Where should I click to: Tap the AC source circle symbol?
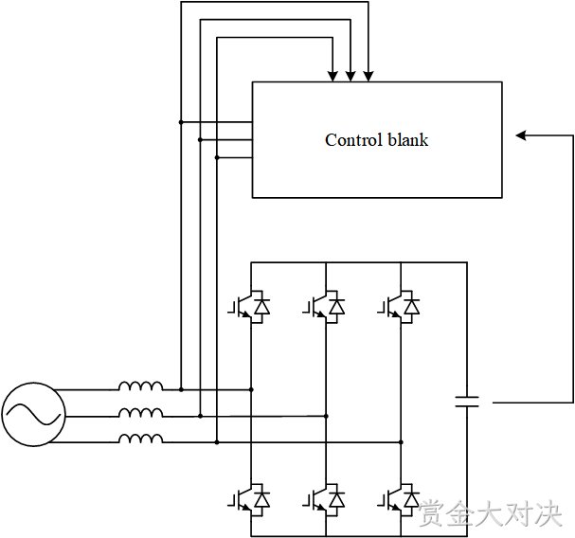pyautogui.click(x=34, y=414)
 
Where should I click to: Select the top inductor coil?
pyautogui.click(x=141, y=386)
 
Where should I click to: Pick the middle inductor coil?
pyautogui.click(x=141, y=413)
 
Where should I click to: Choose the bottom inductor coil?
pyautogui.click(x=141, y=439)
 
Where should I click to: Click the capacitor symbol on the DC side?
pyautogui.click(x=467, y=402)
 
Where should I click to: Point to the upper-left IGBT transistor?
pyautogui.click(x=249, y=307)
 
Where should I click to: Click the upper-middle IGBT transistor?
pyautogui.click(x=324, y=307)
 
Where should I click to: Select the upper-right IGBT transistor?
pyautogui.click(x=399, y=307)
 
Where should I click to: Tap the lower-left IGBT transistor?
pyautogui.click(x=249, y=499)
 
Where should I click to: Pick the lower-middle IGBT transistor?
pyautogui.click(x=324, y=499)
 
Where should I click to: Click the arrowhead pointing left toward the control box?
pyautogui.click(x=521, y=135)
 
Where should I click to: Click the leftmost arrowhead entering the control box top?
pyautogui.click(x=332, y=76)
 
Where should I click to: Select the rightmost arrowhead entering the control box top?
pyautogui.click(x=368, y=76)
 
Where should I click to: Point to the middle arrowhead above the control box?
pyautogui.click(x=350, y=76)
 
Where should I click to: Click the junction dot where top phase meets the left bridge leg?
pyautogui.click(x=251, y=389)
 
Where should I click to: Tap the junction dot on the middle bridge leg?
pyautogui.click(x=326, y=416)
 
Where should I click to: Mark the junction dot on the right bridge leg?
pyautogui.click(x=401, y=442)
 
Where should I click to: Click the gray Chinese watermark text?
pyautogui.click(x=491, y=512)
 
